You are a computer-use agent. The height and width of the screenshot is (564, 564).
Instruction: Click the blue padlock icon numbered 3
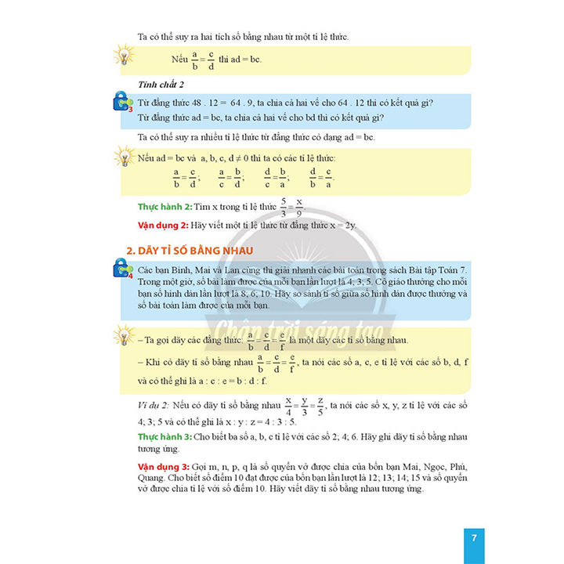coord(125,101)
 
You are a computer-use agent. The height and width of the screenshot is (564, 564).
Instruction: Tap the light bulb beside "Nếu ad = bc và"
coord(125,157)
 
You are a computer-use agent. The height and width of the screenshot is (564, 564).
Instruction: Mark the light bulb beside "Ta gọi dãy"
coord(125,338)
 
